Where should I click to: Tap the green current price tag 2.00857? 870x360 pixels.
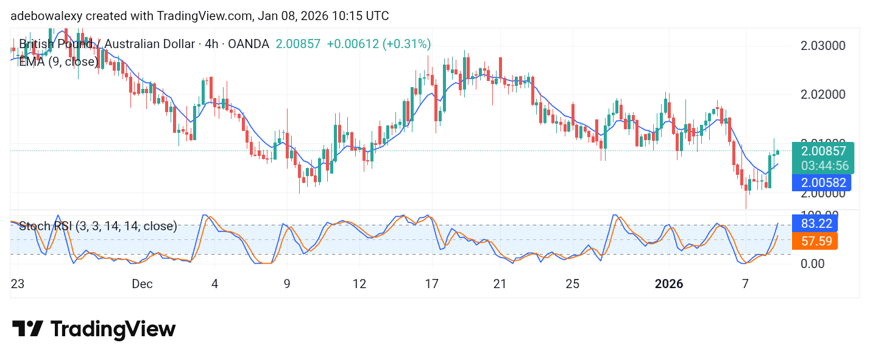coord(823,151)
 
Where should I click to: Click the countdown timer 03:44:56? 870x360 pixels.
coord(823,166)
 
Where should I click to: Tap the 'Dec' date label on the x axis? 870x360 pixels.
coord(142,284)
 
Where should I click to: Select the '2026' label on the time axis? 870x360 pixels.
coord(669,284)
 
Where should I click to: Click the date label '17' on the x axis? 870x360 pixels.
coord(432,284)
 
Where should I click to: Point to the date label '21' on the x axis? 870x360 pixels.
coord(500,284)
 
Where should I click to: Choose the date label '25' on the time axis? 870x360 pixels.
coord(572,284)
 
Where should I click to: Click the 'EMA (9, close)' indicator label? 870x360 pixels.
coord(58,62)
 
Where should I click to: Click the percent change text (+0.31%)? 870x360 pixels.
coord(406,44)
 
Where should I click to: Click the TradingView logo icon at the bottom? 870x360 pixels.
coord(27,329)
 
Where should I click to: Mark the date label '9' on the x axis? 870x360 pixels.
coord(286,284)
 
